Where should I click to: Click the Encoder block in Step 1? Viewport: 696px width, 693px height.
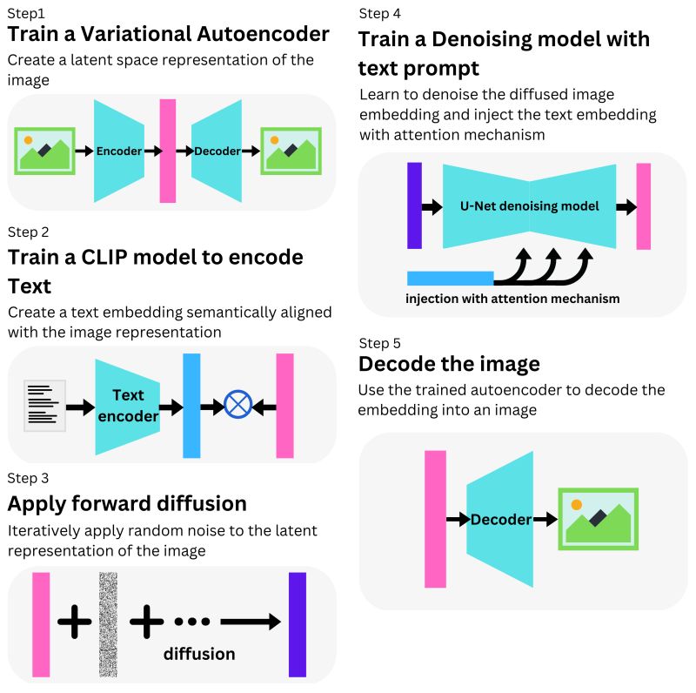click(119, 151)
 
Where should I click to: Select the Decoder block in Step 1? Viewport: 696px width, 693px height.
click(217, 151)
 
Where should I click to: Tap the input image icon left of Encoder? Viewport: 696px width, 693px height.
click(44, 151)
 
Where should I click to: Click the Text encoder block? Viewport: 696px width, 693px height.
click(127, 406)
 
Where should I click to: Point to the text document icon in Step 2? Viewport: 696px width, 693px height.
click(45, 406)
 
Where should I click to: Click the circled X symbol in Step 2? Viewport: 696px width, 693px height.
click(238, 405)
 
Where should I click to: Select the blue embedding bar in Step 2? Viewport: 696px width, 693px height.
click(191, 405)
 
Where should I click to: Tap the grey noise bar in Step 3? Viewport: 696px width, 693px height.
click(108, 624)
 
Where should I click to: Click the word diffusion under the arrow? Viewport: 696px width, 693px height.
click(199, 653)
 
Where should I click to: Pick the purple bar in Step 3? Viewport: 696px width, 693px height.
click(298, 624)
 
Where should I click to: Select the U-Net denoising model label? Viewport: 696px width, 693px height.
click(529, 206)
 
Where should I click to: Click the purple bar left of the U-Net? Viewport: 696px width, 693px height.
click(414, 206)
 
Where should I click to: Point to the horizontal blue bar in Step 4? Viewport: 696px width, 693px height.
click(450, 279)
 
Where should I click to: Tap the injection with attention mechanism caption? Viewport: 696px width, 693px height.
click(513, 299)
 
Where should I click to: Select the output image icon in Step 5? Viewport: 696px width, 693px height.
click(598, 519)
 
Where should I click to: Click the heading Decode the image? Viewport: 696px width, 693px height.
click(449, 363)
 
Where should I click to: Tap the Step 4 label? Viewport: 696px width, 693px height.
click(379, 14)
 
